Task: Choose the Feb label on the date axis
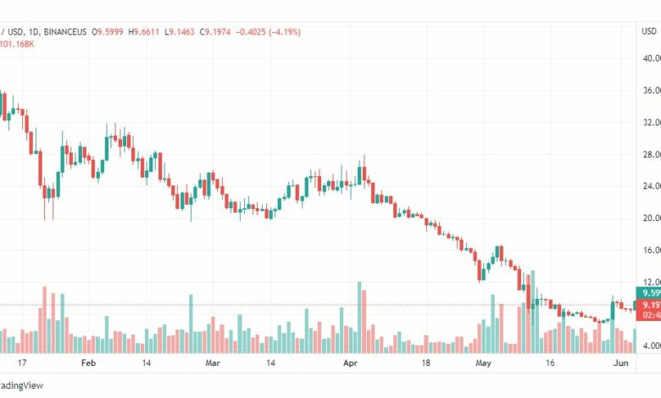pyautogui.click(x=87, y=361)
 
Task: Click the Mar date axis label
pyautogui.click(x=212, y=361)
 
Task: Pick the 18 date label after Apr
pyautogui.click(x=426, y=361)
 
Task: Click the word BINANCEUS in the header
pyautogui.click(x=63, y=31)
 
